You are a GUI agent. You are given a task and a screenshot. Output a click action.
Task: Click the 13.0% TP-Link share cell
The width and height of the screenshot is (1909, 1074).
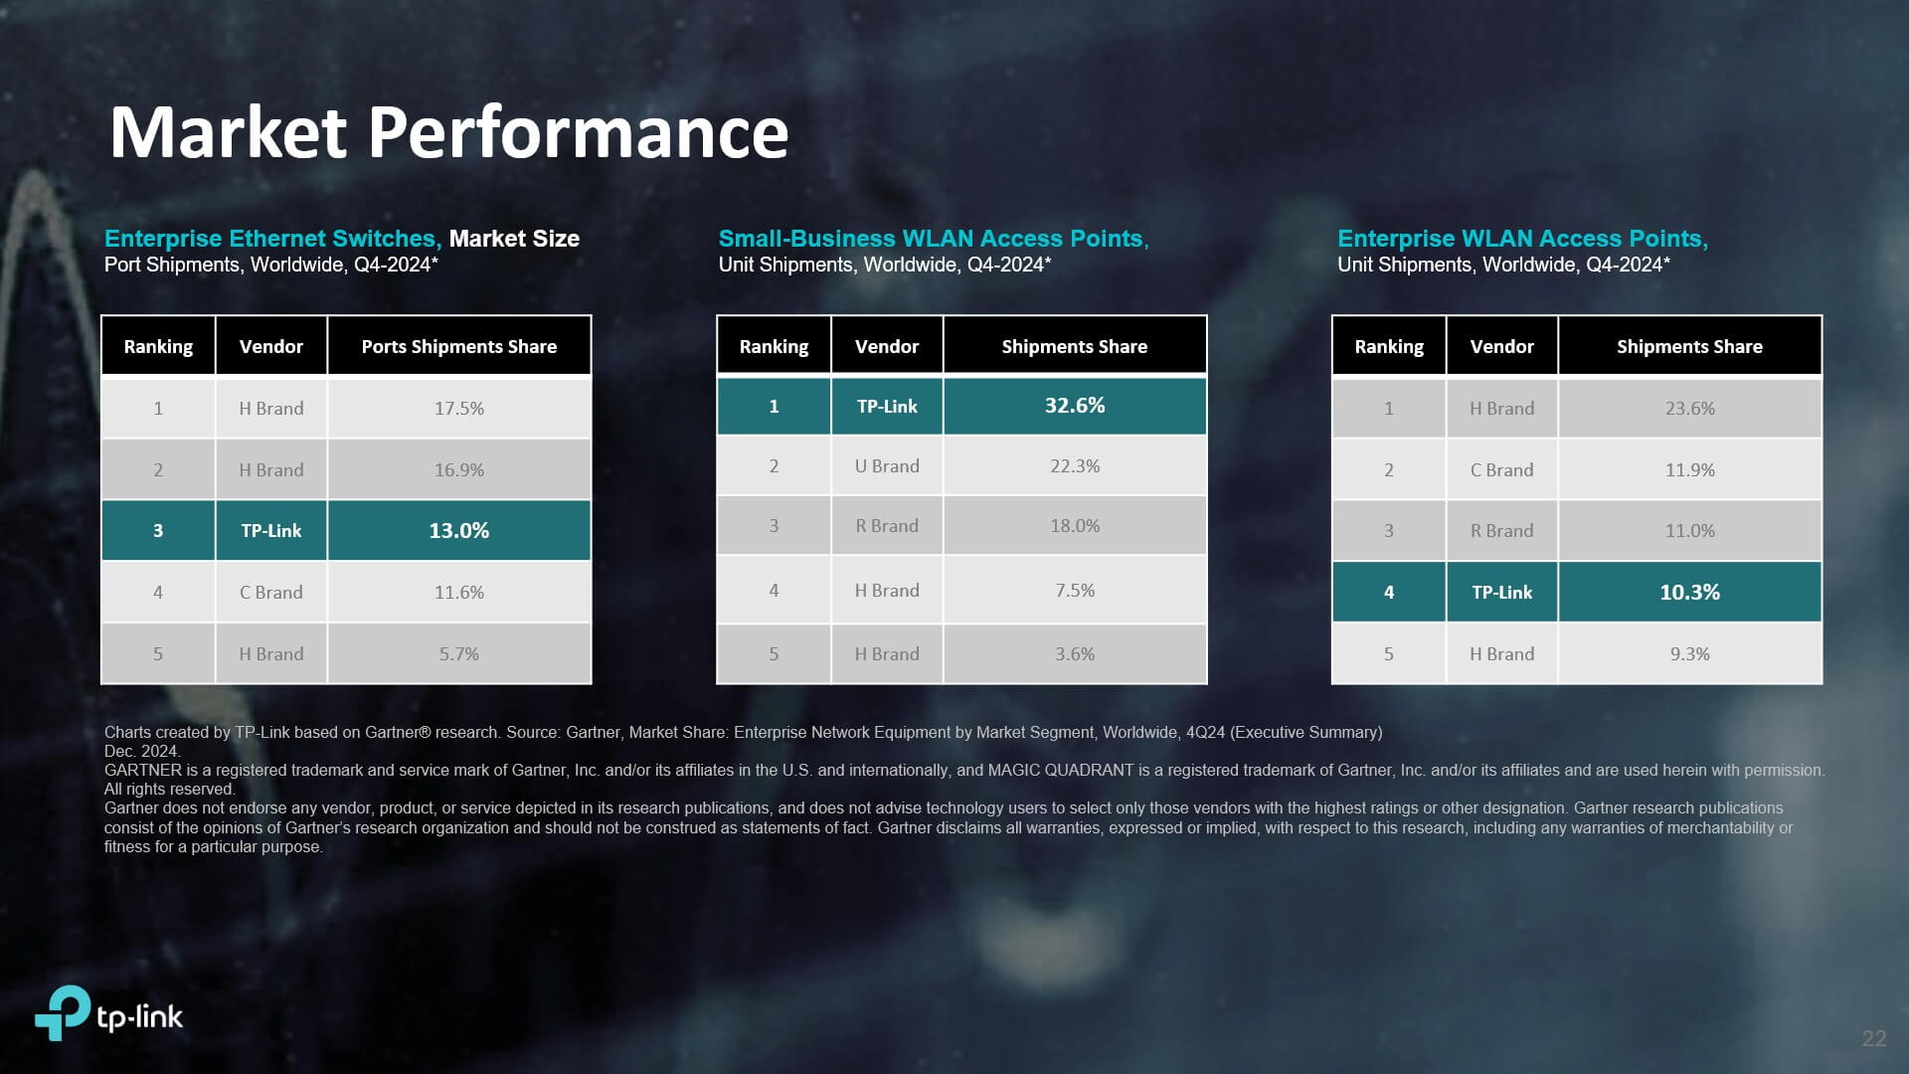click(458, 531)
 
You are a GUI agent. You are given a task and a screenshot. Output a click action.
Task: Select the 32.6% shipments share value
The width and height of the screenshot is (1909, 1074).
click(1075, 406)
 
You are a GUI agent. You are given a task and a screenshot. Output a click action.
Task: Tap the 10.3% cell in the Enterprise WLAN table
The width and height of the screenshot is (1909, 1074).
click(1689, 593)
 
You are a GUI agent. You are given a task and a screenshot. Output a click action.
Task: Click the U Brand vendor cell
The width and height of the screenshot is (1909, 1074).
click(887, 466)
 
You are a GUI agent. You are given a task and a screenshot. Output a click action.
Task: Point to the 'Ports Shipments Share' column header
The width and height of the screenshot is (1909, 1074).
click(458, 346)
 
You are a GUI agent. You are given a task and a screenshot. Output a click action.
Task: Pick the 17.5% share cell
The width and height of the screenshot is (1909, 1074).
click(458, 409)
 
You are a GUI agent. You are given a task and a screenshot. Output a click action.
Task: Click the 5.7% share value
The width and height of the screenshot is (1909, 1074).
click(458, 654)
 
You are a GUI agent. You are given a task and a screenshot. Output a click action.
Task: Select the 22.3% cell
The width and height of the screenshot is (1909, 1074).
click(1075, 466)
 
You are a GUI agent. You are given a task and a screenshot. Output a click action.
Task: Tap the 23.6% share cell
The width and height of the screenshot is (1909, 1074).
click(1689, 409)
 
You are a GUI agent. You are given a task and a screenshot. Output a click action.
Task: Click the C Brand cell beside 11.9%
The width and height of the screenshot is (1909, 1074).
click(1501, 470)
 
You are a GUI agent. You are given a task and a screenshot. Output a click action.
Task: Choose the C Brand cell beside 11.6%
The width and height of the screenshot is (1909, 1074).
click(270, 593)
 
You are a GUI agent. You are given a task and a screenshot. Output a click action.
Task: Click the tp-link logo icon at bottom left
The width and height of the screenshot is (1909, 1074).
click(63, 1012)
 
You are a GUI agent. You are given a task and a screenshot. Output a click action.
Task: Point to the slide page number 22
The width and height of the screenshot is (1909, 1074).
click(1873, 1038)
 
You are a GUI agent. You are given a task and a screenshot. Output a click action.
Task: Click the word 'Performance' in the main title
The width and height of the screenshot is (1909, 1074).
click(579, 133)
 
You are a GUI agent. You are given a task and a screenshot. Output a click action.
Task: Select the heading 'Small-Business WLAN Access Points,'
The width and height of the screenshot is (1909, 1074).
click(934, 239)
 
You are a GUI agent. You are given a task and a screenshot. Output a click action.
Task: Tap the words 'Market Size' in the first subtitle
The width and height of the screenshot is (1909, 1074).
click(514, 239)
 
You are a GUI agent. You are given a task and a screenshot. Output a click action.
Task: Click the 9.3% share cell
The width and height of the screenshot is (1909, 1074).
click(1689, 654)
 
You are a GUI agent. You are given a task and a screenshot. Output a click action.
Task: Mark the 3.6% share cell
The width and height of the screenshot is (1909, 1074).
click(1075, 654)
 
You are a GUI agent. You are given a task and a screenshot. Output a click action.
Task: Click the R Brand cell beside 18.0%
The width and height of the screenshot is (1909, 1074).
click(887, 526)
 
